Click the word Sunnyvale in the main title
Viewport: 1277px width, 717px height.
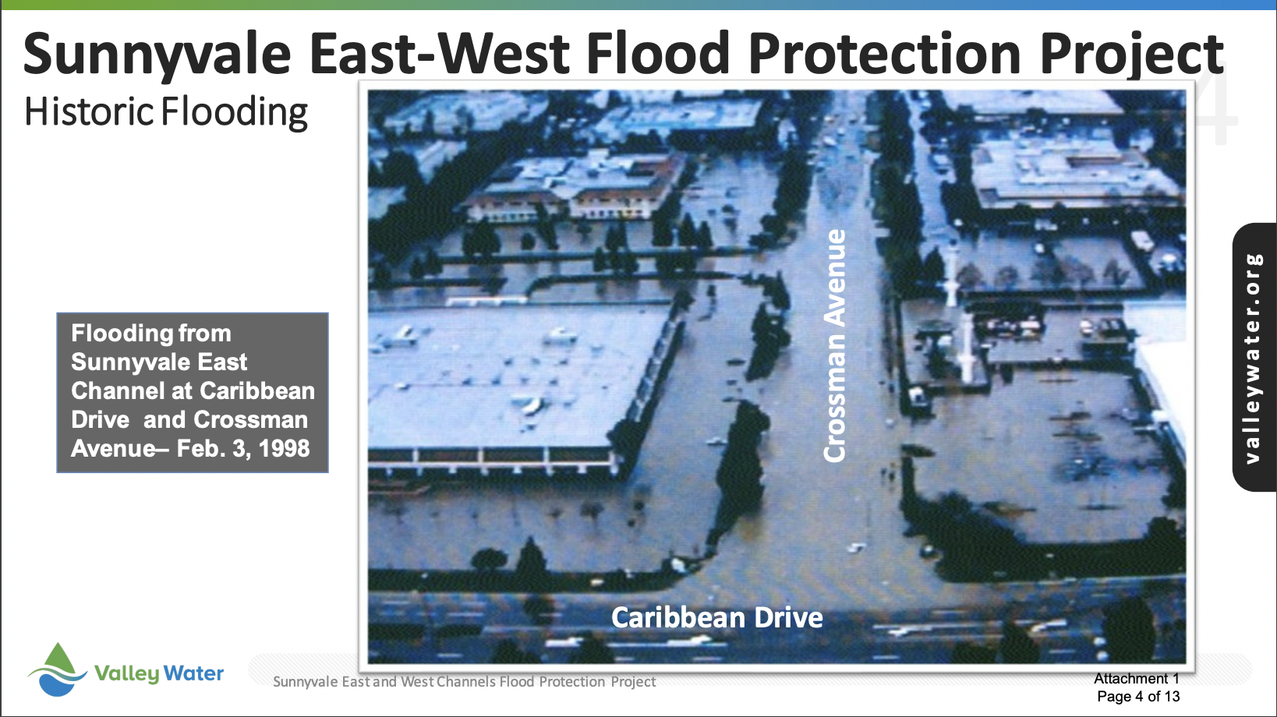click(x=157, y=55)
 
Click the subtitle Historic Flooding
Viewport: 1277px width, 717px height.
click(x=166, y=112)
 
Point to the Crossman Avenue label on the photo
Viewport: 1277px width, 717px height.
click(x=834, y=345)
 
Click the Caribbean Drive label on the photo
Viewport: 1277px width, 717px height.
click(x=717, y=617)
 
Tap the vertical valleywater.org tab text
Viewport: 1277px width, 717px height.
click(x=1253, y=358)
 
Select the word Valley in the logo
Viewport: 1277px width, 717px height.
click(x=126, y=674)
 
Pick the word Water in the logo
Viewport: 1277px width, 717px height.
click(x=194, y=673)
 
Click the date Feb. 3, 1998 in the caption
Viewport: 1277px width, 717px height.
click(x=243, y=449)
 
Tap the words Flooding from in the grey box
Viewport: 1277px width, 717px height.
click(x=151, y=333)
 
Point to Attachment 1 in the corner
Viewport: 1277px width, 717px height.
click(x=1136, y=678)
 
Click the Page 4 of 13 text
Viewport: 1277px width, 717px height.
click(x=1138, y=696)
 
